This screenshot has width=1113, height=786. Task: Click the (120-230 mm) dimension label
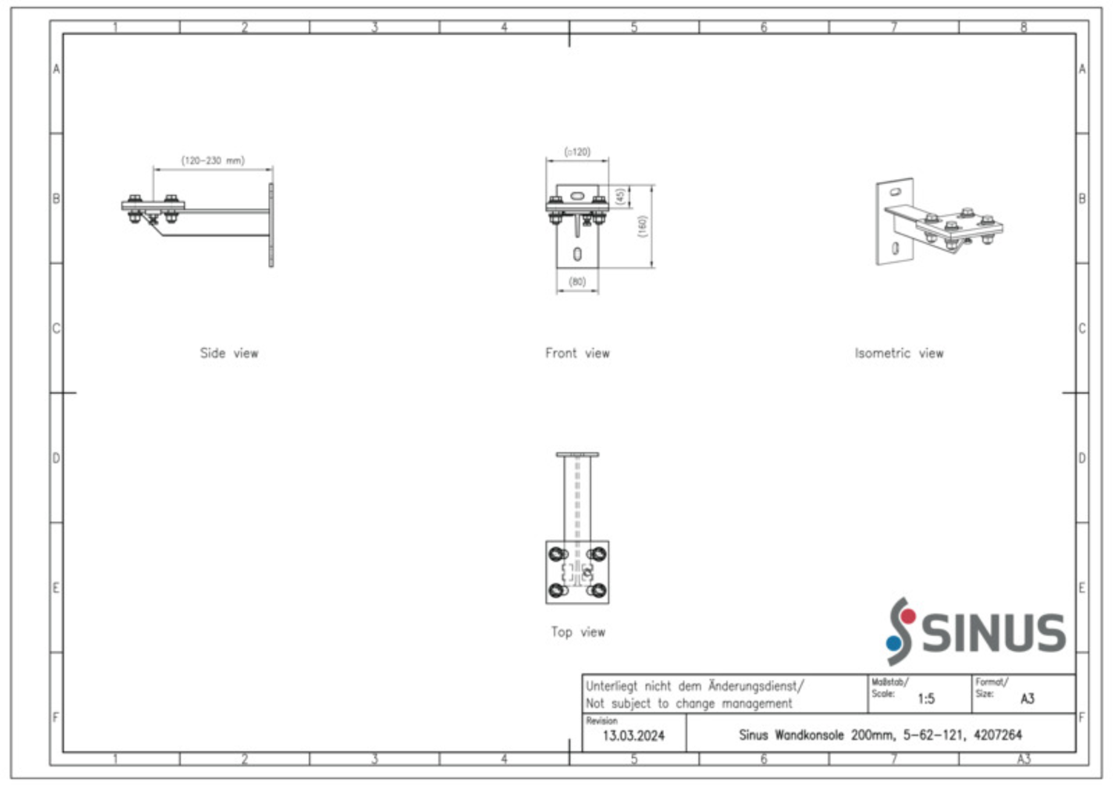point(213,160)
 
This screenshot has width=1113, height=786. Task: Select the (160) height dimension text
point(643,226)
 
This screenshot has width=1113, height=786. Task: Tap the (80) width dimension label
point(577,282)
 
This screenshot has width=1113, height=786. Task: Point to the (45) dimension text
point(620,197)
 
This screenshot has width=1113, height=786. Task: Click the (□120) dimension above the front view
point(577,151)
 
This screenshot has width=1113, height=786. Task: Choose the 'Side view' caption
point(229,353)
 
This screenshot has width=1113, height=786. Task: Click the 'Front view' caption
point(577,353)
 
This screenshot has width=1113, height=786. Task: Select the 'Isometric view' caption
point(899,353)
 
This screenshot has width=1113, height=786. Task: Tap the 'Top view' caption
point(578,632)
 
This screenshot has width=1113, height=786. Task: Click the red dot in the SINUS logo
point(908,617)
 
